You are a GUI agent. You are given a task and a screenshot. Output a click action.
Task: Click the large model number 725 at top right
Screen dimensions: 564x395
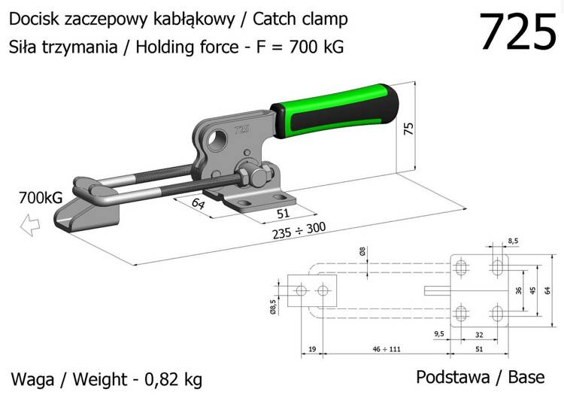click(518, 32)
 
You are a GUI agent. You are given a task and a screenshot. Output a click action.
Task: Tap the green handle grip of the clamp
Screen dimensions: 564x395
click(335, 111)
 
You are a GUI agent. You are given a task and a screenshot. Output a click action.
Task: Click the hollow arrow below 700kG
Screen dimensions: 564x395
click(30, 224)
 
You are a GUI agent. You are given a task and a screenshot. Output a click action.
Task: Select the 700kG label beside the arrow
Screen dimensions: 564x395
click(41, 197)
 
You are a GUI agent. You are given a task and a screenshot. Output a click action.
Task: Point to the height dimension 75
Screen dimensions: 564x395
click(408, 129)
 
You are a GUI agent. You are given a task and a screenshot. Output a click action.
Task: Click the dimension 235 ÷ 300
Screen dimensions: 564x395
click(299, 230)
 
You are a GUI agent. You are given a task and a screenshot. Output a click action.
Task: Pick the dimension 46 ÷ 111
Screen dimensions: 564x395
click(387, 349)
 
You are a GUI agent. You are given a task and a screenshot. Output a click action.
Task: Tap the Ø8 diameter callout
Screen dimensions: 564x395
click(362, 251)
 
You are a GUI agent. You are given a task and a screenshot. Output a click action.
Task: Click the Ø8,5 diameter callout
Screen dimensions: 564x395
click(273, 307)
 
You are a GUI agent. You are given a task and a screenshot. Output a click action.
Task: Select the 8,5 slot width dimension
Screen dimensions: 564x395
click(514, 241)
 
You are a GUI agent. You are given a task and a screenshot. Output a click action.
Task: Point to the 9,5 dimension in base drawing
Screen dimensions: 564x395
click(439, 333)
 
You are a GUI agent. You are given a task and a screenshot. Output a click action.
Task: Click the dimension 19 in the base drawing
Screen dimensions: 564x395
click(312, 349)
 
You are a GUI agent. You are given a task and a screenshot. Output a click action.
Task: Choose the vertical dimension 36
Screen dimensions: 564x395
click(518, 290)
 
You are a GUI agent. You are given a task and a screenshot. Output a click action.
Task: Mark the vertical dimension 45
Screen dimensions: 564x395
click(532, 290)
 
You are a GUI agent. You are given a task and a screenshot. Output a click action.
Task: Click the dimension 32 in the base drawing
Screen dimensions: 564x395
click(479, 335)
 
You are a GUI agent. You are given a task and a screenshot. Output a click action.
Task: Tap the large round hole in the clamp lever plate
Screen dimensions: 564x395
click(217, 140)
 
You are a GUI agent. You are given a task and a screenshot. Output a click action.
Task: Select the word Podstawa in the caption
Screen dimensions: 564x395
click(453, 377)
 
